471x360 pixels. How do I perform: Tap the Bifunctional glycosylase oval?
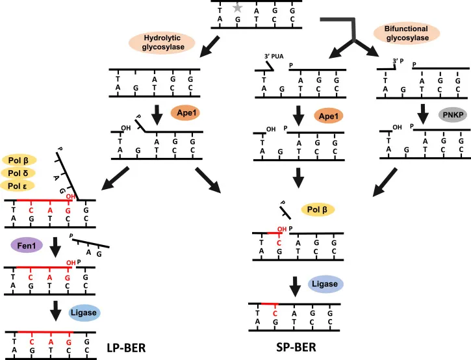coord(407,36)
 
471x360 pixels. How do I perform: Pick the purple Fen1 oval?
coord(27,245)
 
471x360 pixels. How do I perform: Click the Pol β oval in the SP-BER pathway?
coord(317,209)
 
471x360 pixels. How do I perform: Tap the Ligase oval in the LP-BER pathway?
coord(84,313)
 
